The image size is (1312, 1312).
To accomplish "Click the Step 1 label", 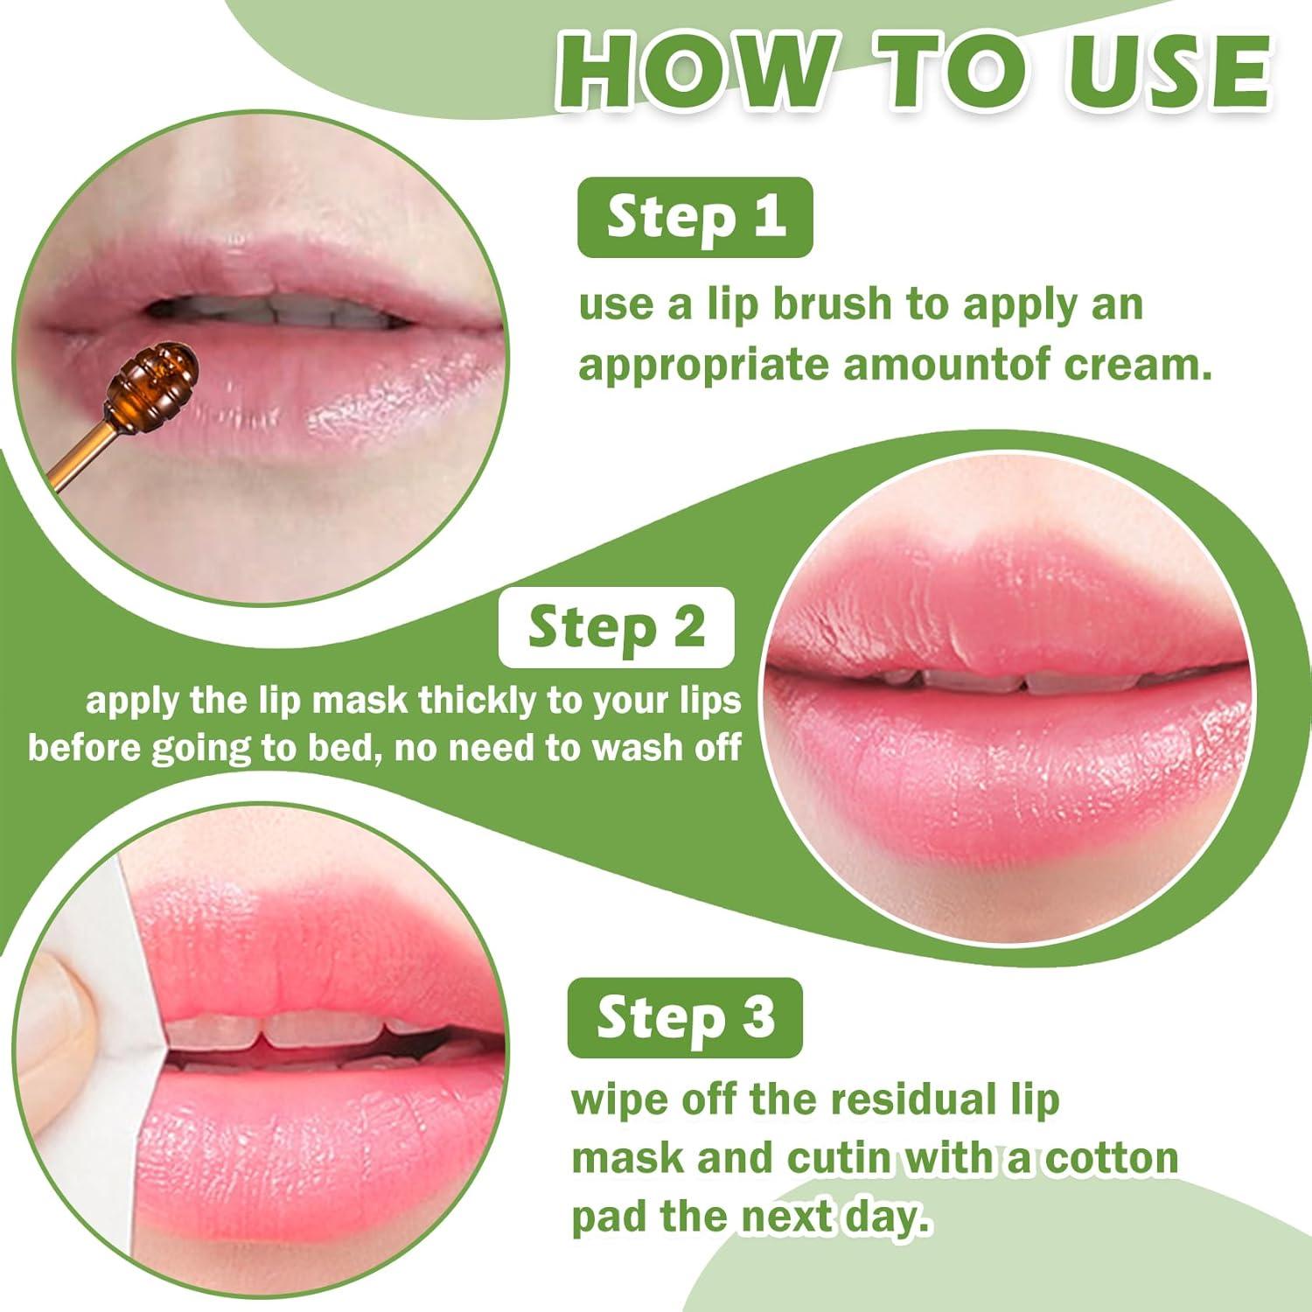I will click(x=695, y=218).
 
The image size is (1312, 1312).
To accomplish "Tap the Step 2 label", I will click(x=616, y=627).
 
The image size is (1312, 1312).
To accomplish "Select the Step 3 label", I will click(x=685, y=1018).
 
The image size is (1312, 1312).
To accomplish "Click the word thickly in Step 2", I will click(x=478, y=701).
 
